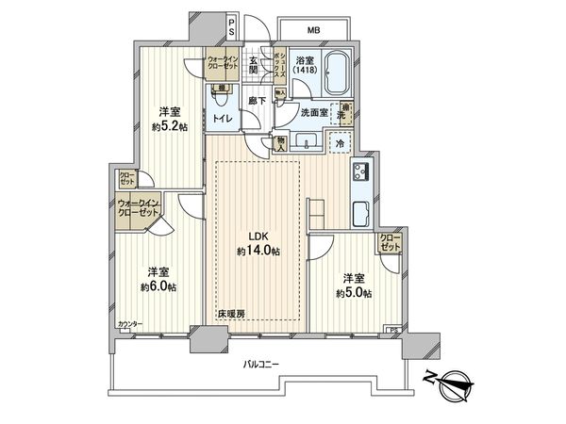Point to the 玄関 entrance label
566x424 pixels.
[253, 64]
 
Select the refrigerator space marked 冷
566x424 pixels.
[338, 143]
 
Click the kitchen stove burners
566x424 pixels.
[360, 172]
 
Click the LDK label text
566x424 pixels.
[258, 236]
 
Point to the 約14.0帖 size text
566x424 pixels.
[258, 252]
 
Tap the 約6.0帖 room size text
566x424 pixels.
[156, 286]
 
